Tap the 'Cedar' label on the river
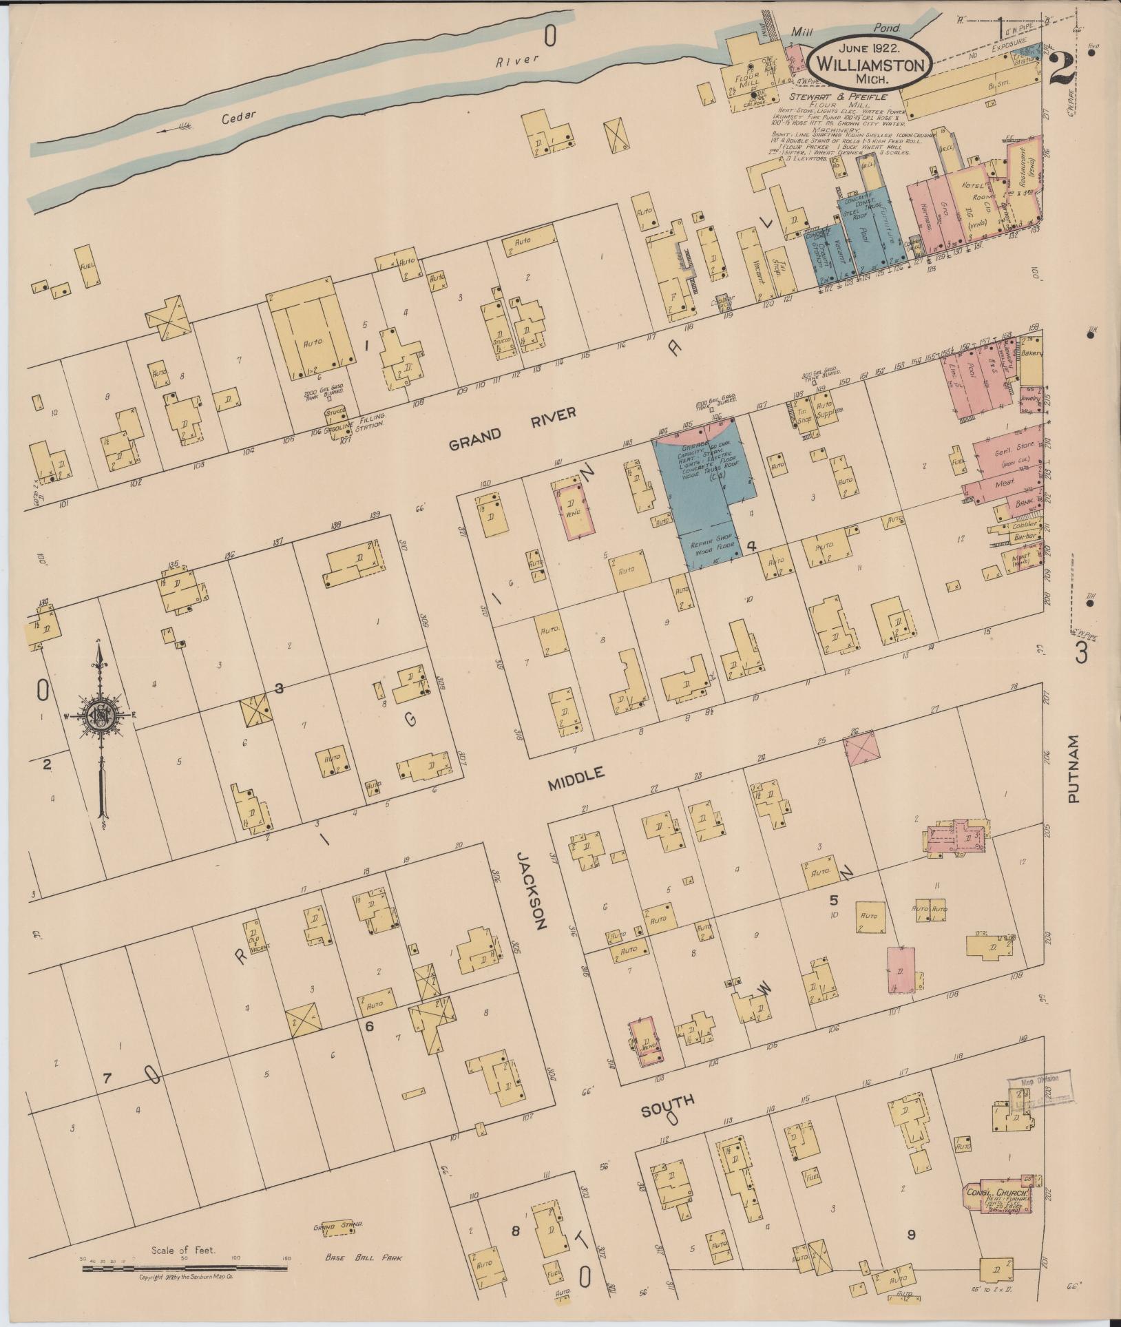(239, 117)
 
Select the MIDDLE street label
(576, 778)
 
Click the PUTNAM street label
(1073, 769)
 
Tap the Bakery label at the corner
(1032, 353)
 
